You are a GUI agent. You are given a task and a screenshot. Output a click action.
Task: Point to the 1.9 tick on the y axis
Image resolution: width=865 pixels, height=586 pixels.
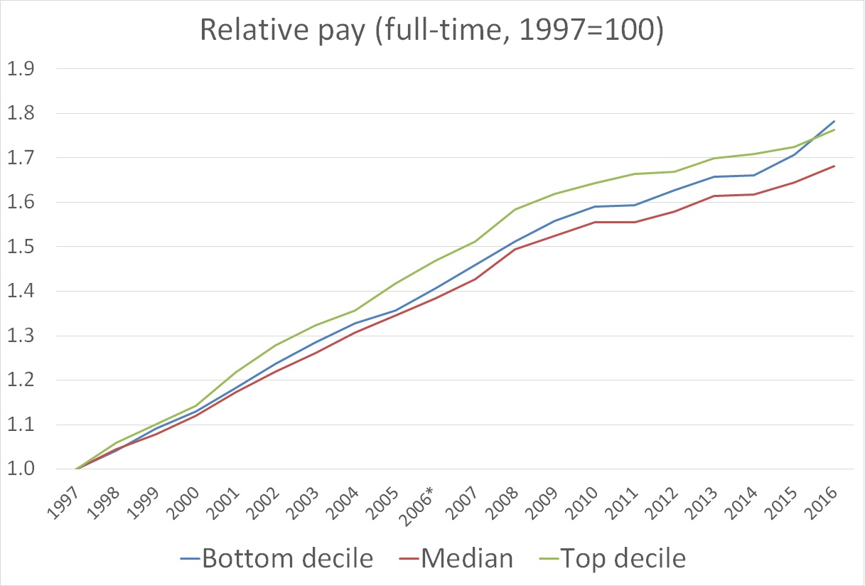click(20, 69)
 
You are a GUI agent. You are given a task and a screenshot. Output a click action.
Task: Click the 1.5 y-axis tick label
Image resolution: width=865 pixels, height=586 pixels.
click(20, 247)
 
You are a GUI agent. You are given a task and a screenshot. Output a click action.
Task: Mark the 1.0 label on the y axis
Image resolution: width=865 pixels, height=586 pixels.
click(20, 469)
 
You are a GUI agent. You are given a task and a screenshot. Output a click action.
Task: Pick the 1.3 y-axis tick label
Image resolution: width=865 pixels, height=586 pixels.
click(20, 336)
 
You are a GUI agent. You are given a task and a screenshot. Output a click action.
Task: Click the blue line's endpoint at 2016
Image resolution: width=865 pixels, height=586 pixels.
click(834, 122)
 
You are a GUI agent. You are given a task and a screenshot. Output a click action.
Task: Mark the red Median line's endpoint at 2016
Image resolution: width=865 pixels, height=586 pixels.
click(834, 166)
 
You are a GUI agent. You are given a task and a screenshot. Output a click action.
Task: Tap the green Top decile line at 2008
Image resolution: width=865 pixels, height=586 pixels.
click(515, 209)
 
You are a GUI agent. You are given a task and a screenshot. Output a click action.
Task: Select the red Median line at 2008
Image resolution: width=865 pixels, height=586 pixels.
click(515, 249)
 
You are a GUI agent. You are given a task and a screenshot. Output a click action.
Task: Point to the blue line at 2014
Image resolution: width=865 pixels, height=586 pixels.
click(754, 175)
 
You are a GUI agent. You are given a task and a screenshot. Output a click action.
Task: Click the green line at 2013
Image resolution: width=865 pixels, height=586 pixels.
click(714, 158)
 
